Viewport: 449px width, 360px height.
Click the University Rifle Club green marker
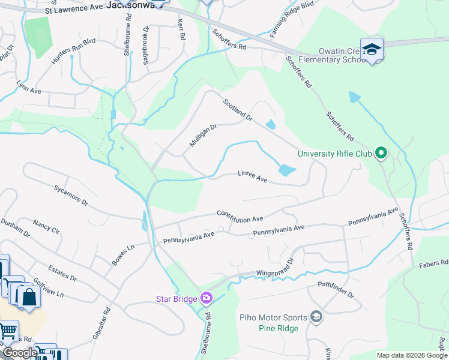coord(380,154)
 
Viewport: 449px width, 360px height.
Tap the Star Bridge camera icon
coord(206,298)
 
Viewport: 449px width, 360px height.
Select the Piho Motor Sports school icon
coord(316,317)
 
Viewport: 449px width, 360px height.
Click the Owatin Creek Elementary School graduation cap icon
coord(372,49)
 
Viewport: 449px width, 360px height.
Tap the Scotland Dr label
coord(238,110)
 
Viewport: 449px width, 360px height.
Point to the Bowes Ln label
coord(123,256)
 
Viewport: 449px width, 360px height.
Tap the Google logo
coord(20,353)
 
